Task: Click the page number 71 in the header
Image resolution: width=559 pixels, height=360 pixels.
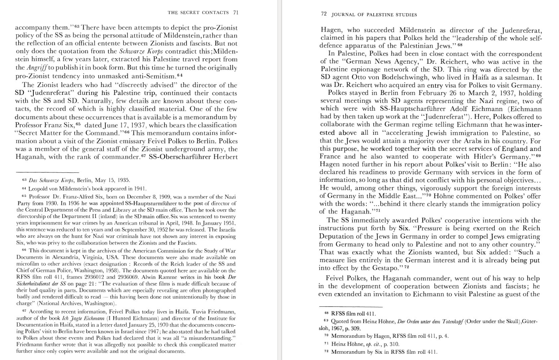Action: pyautogui.click(x=235, y=12)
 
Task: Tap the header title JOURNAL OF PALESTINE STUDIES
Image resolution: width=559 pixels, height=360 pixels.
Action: pyautogui.click(x=374, y=15)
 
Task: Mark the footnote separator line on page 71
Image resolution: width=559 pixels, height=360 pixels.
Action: pyautogui.click(x=47, y=172)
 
